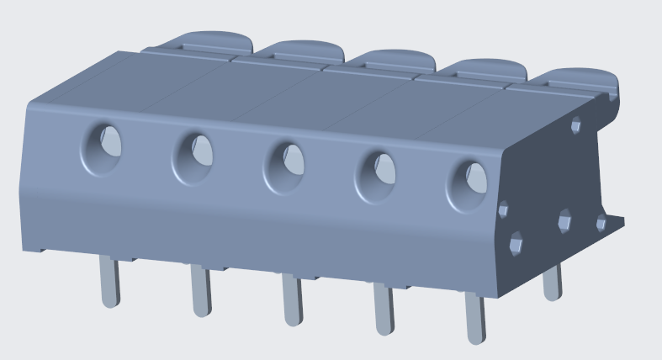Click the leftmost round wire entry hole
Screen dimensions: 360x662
click(102, 148)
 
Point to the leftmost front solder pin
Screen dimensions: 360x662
click(109, 283)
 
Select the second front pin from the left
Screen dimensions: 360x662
click(200, 291)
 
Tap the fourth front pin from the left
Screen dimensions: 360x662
click(384, 310)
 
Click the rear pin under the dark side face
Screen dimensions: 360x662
click(552, 283)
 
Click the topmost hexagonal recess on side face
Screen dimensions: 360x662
click(575, 125)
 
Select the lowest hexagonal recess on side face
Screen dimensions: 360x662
click(516, 245)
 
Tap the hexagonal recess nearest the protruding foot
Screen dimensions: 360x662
click(601, 223)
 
